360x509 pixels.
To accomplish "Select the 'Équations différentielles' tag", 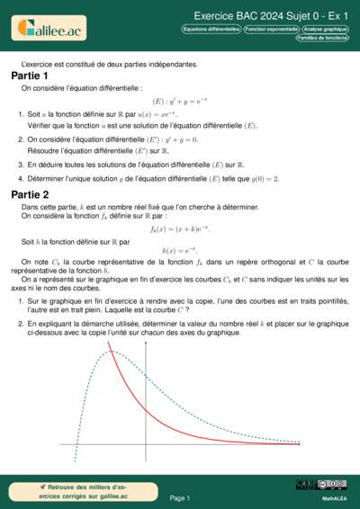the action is [211, 29].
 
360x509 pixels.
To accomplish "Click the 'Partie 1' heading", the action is [30, 76].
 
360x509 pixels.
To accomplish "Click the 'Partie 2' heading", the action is [30, 194].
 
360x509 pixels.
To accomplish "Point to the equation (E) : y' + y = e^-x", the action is [179, 101].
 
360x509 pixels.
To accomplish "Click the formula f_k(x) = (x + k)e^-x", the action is [179, 230].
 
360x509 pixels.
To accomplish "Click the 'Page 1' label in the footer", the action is [179, 497].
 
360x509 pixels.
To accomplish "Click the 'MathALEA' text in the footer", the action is [335, 497].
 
